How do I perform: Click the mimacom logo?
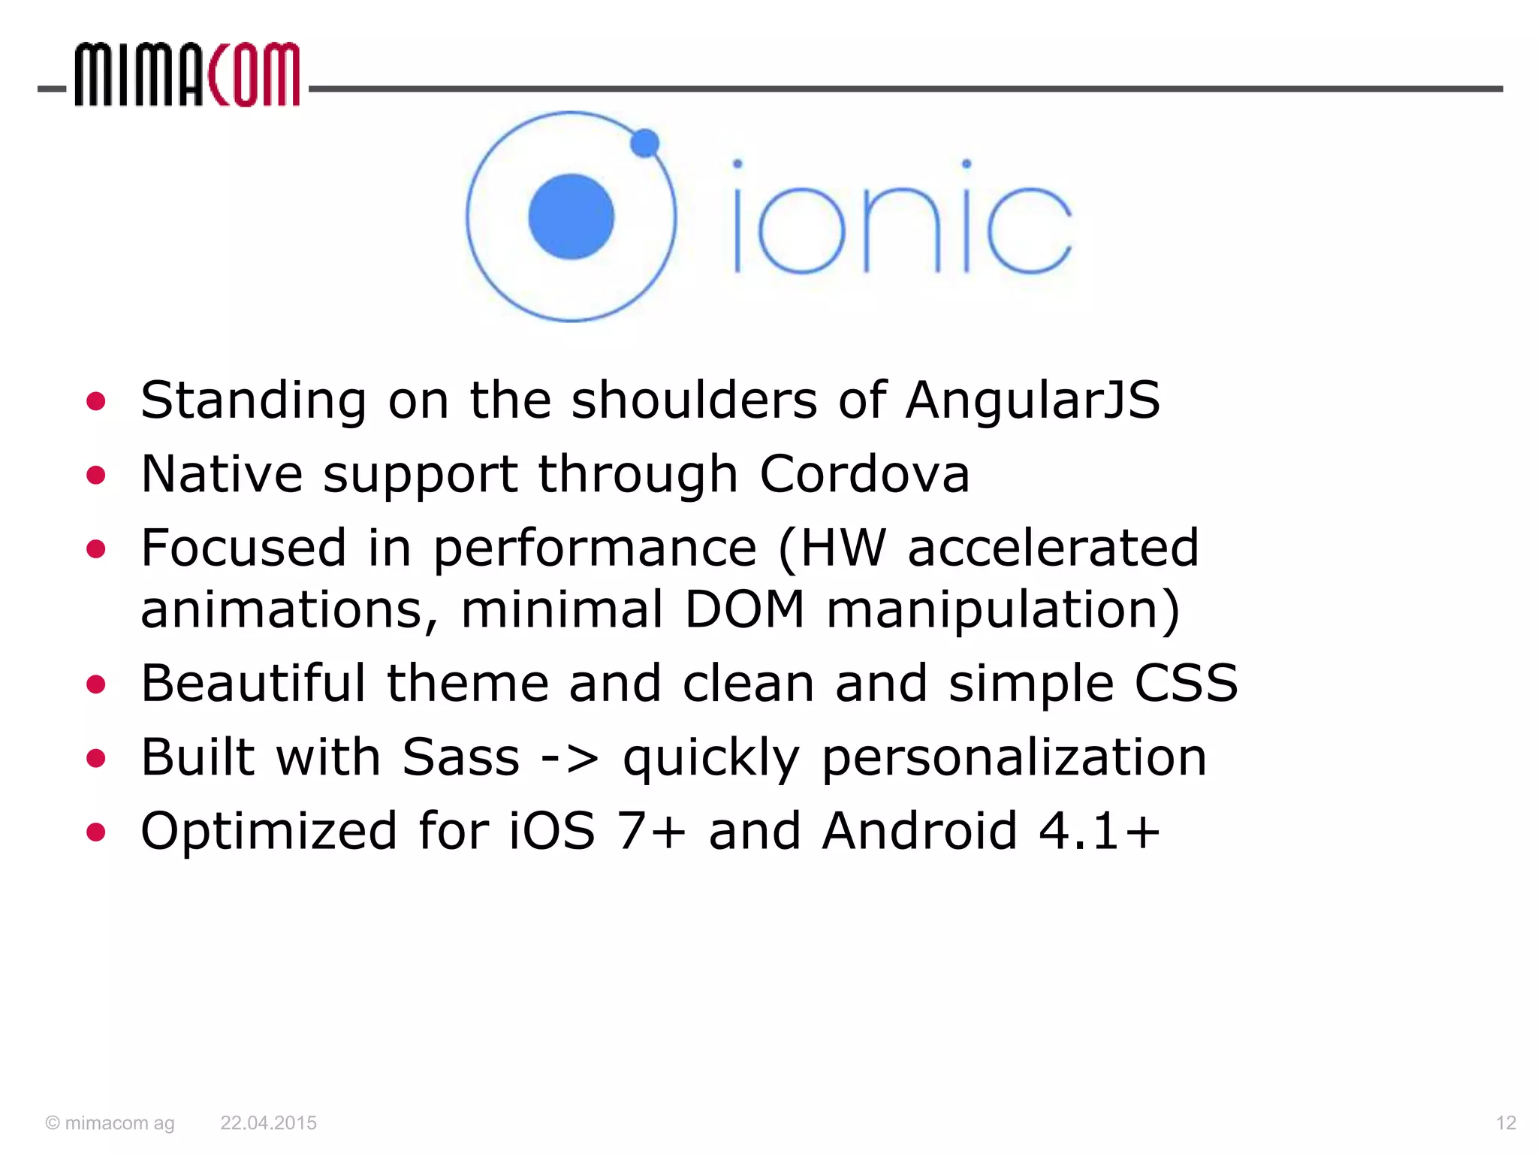pos(186,75)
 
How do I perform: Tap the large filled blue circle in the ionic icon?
pos(571,216)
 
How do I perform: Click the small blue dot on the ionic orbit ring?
pos(644,143)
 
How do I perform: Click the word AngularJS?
pos(1033,400)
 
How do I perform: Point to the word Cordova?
pos(864,474)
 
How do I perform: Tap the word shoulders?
pos(694,400)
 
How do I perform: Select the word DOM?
pos(744,609)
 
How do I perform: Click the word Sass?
pos(460,757)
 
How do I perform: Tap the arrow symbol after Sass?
pos(571,758)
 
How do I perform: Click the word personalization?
pos(1014,758)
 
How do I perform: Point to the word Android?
pos(919,831)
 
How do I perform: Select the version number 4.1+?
pos(1099,831)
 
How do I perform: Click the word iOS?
pos(552,831)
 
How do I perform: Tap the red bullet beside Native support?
pos(96,476)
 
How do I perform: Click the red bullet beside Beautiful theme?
pos(96,684)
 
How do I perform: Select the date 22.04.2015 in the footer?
pos(268,1122)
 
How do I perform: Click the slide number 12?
pos(1506,1122)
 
